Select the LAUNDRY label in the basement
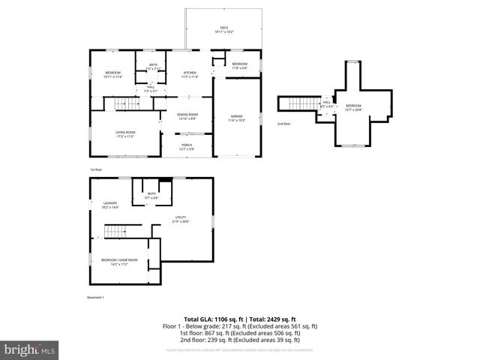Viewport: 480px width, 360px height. pos(109,205)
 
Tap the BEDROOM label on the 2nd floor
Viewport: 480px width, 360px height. pos(352,107)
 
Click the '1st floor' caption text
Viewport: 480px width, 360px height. pos(95,169)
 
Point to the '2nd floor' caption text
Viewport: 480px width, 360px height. pos(283,123)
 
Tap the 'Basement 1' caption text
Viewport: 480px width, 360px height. pos(95,297)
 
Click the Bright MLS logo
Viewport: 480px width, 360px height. pos(29,349)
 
